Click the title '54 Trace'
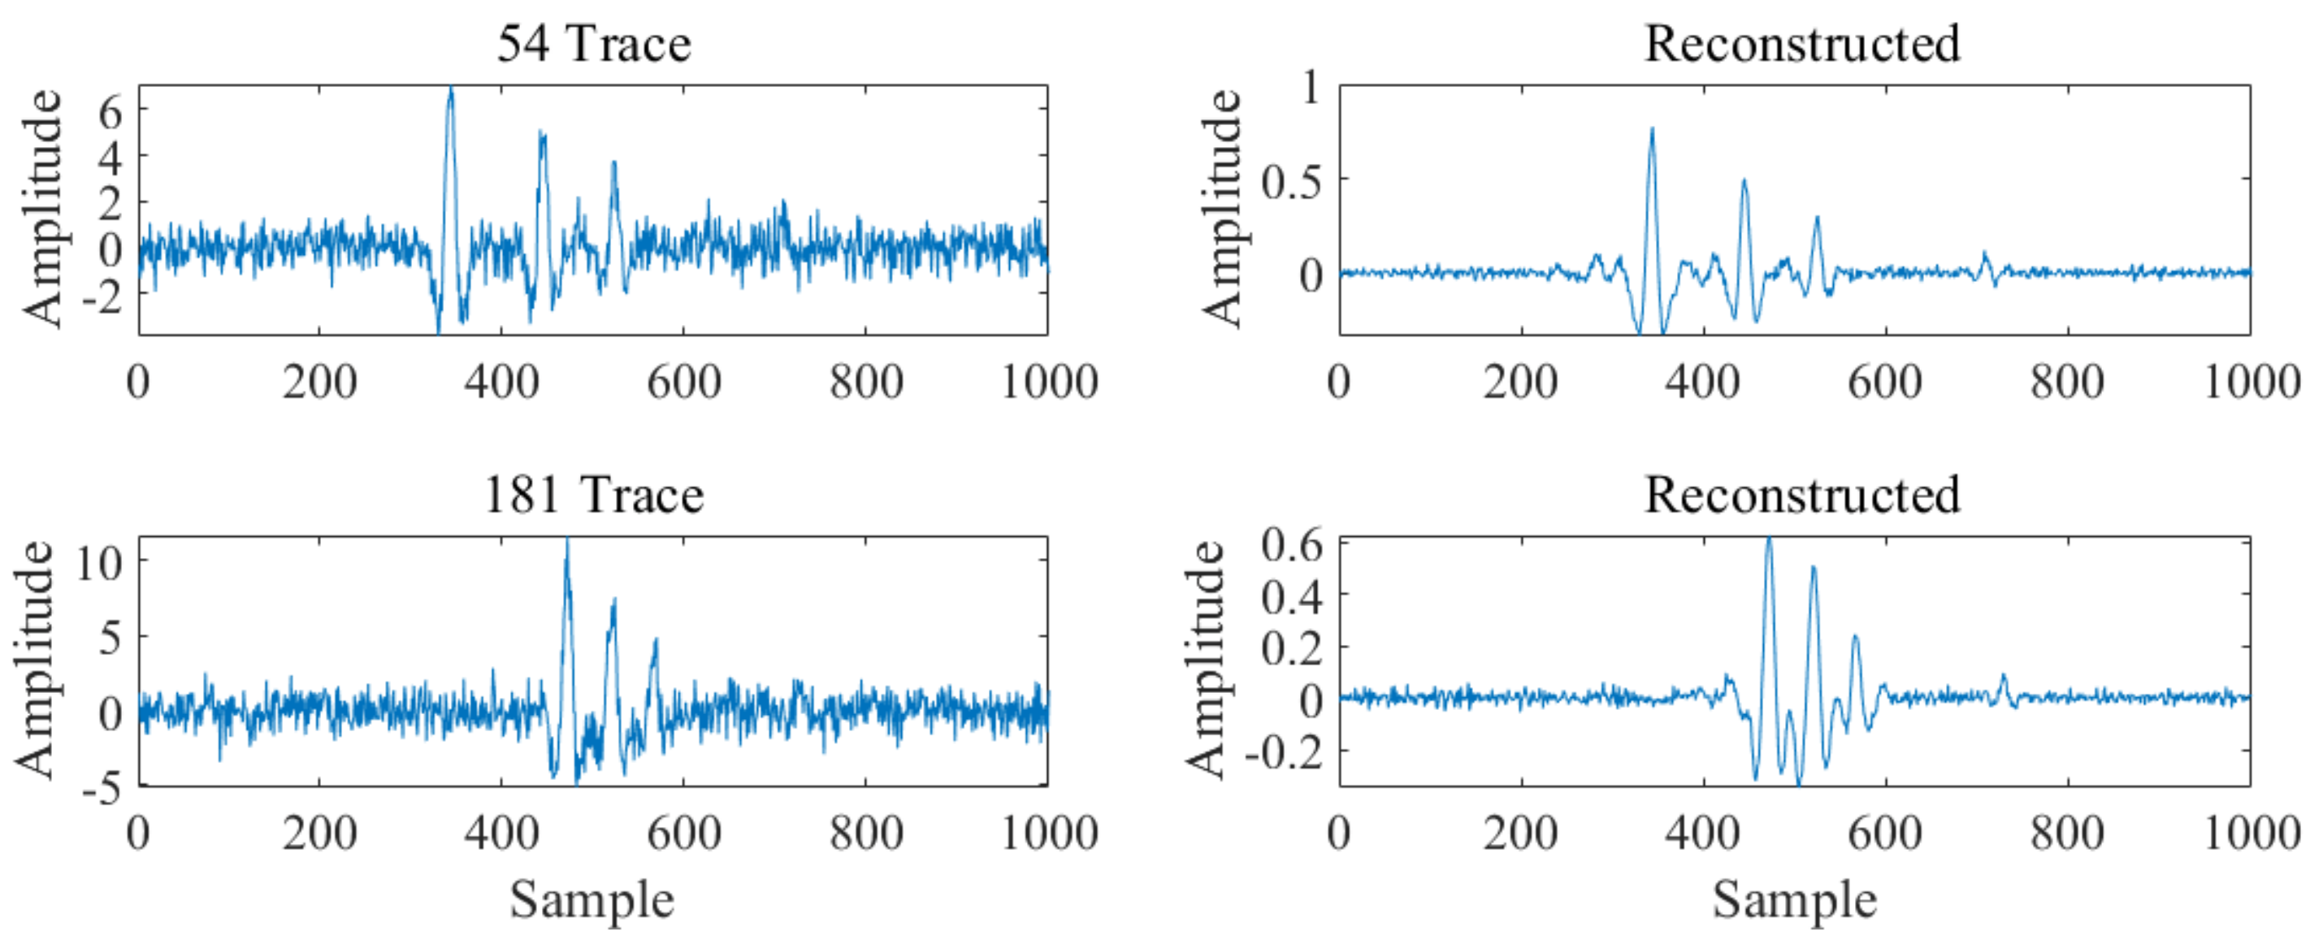coord(593,43)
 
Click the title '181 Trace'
coord(593,495)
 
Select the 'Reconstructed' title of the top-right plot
coord(1802,43)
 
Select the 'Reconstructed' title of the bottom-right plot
coord(1802,495)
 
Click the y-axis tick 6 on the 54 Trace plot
coord(110,113)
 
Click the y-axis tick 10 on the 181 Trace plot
coord(99,564)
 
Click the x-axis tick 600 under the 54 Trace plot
coord(683,383)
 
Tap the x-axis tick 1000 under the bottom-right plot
coord(2251,833)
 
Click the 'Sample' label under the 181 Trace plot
coord(592,900)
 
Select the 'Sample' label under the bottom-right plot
coord(1795,900)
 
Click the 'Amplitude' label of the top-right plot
coord(1222,208)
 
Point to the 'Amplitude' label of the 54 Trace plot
coord(41,208)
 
